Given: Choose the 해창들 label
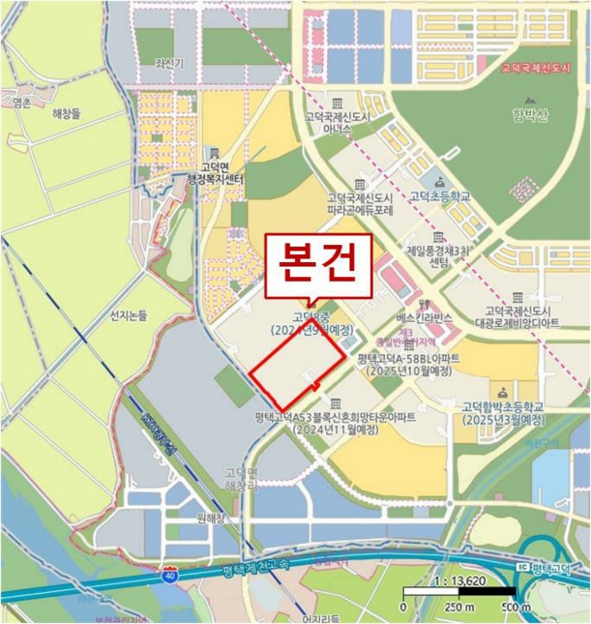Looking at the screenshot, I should coord(66,113).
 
